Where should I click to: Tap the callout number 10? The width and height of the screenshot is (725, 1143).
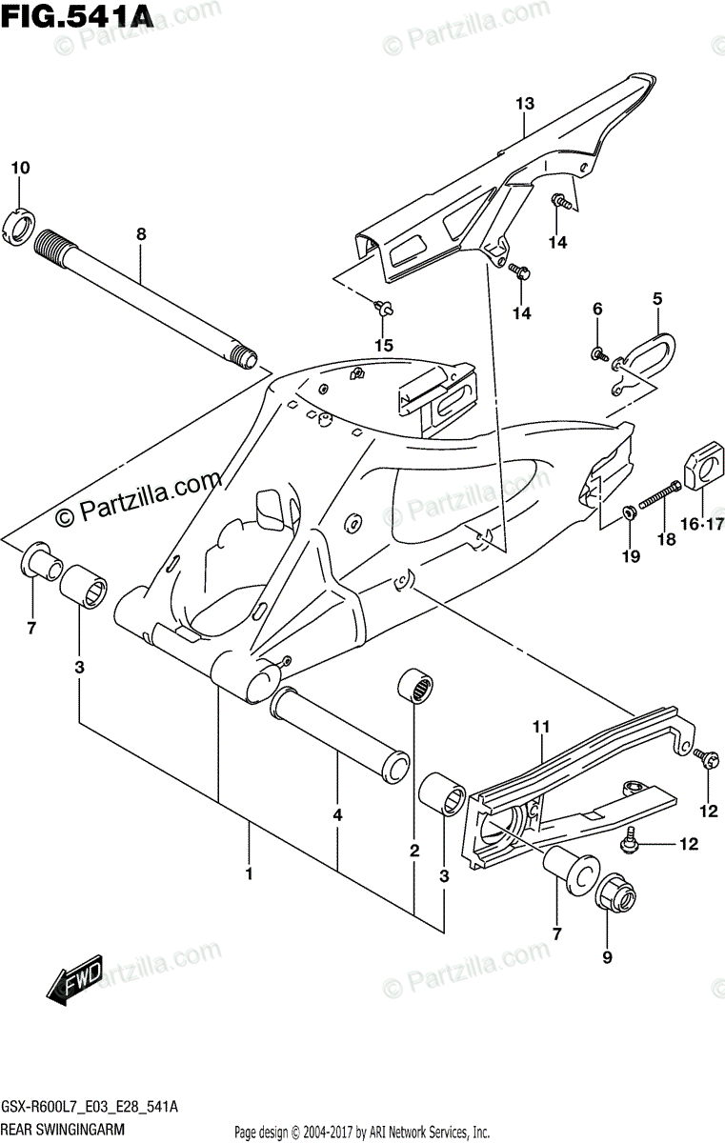tap(20, 169)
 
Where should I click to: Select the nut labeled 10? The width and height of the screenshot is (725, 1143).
tap(21, 225)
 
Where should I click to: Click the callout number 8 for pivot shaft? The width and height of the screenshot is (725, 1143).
tap(141, 233)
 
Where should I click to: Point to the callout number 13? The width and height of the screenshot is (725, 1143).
tap(526, 104)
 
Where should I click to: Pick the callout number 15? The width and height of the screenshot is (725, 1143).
tap(383, 346)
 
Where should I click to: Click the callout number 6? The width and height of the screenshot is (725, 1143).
tap(597, 309)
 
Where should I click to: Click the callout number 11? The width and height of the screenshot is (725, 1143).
tap(541, 728)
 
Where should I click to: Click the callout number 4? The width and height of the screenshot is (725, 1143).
tap(337, 815)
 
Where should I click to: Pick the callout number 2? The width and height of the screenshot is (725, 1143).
tap(414, 850)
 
